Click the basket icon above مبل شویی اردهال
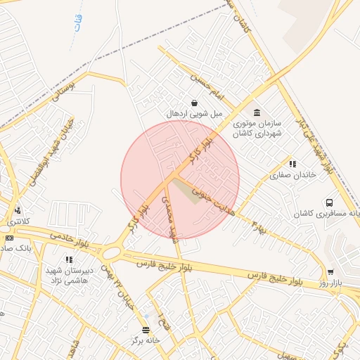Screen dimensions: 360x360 pos(193,103)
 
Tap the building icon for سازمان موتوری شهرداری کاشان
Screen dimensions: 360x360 pos(257,112)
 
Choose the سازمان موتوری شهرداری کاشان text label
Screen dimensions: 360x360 pos(257,128)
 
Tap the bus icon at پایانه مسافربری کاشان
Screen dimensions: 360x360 pos(329,202)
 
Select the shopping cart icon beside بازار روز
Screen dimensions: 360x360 pos(330,273)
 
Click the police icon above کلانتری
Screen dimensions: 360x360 pos(18,210)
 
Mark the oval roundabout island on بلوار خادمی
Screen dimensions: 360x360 pos(111,252)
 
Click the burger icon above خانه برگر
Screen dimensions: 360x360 pos(146,330)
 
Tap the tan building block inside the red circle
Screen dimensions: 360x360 pos(186,191)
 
